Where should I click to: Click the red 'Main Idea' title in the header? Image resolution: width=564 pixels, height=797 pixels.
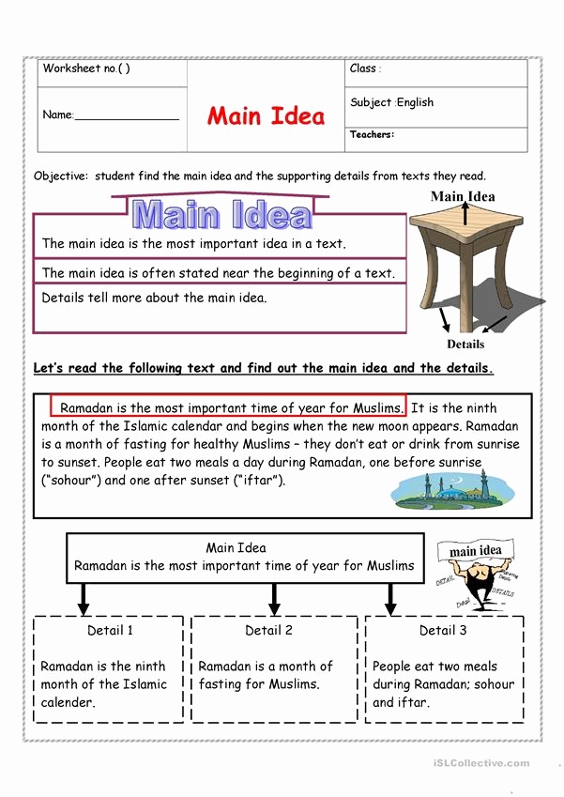coord(266,116)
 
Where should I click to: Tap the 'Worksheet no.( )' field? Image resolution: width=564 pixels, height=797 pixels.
coord(86,69)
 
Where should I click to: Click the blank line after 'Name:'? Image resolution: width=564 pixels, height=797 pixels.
coord(126,115)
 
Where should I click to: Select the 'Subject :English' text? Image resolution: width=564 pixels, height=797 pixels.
coord(391,102)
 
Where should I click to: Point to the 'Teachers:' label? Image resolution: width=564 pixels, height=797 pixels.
coord(372,134)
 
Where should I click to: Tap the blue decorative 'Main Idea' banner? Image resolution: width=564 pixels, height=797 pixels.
coord(221,214)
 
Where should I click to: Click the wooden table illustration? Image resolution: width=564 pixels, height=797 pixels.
coord(466,257)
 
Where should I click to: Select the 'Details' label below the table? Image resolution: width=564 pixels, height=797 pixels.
coord(465,344)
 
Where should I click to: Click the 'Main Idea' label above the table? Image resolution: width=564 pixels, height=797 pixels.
coord(463,196)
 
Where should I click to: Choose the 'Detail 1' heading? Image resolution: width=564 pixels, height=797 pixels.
coord(111,630)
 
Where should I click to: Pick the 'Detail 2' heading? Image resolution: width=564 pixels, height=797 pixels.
coord(269,630)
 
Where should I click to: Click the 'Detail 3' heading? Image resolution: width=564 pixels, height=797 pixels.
coord(443,630)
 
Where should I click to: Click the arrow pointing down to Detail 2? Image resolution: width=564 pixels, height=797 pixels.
coord(275,597)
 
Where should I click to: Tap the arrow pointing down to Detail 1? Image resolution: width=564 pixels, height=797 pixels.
coord(84,597)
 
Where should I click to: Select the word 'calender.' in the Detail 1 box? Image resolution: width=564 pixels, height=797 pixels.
coord(68,702)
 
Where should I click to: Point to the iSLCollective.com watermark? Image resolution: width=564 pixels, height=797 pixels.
coord(481,763)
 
